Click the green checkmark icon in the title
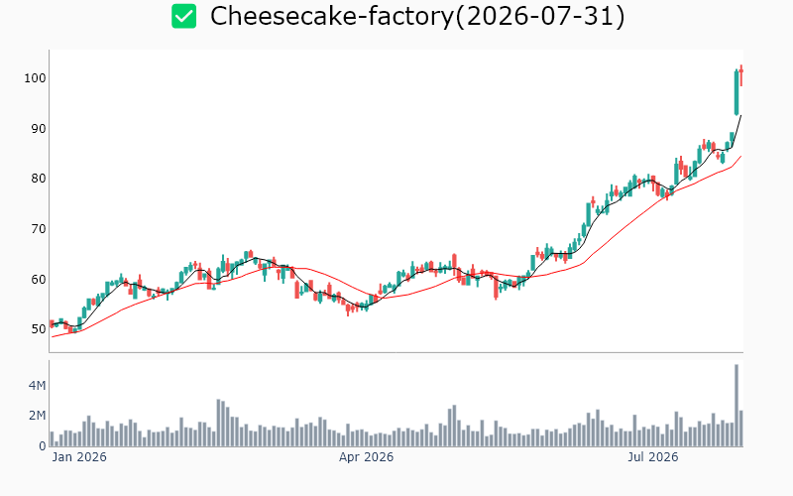[x=183, y=16]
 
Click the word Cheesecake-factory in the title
[x=332, y=16]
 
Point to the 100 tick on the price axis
[x=35, y=78]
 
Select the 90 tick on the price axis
[x=39, y=129]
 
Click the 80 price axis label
[x=39, y=179]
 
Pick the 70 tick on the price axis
[x=39, y=229]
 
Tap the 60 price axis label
[x=39, y=280]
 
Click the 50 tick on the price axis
[x=39, y=329]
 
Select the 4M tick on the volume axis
[x=38, y=386]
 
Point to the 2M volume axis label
[x=38, y=416]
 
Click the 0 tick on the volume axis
[x=43, y=446]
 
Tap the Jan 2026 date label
[x=79, y=457]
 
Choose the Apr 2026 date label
[x=366, y=457]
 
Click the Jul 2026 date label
[x=653, y=457]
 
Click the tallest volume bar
[x=736, y=406]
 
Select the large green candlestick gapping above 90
[x=736, y=92]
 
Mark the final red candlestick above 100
[x=740, y=75]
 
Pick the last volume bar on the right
[x=740, y=429]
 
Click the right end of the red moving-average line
[x=740, y=157]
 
